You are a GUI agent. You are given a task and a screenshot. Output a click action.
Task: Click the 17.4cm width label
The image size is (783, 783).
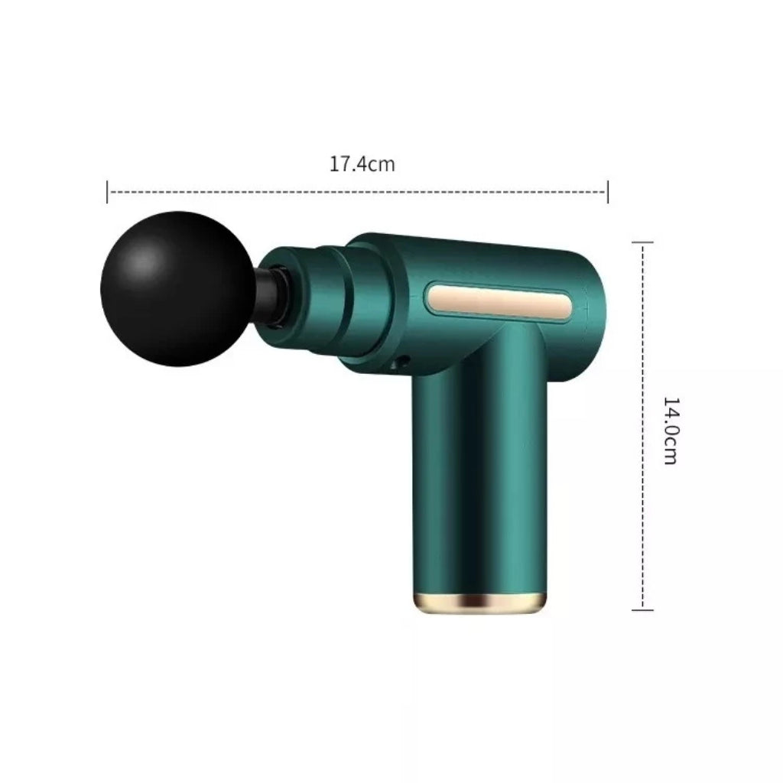[362, 164]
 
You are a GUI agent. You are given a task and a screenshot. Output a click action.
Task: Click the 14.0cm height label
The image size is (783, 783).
[670, 431]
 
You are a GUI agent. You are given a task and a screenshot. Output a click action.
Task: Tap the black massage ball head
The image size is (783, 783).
[178, 288]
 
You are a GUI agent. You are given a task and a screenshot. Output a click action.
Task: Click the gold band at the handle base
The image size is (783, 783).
[479, 603]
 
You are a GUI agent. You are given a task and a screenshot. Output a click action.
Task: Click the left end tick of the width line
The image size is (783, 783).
[107, 192]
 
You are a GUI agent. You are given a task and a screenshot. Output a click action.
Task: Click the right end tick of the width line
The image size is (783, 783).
[608, 192]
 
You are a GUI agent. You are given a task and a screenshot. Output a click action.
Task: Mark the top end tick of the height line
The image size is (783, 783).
[642, 242]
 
